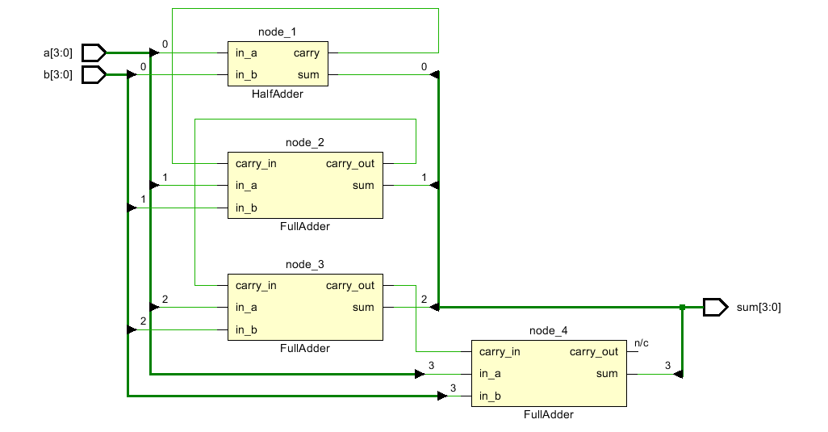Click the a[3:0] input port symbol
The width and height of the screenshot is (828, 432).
(94, 53)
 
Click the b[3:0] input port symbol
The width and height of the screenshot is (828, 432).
(94, 75)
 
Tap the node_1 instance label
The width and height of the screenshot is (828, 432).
(278, 31)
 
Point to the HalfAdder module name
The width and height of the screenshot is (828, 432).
(278, 94)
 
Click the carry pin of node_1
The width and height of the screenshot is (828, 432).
(306, 53)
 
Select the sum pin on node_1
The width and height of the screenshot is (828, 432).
(308, 75)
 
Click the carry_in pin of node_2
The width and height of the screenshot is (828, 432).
(256, 164)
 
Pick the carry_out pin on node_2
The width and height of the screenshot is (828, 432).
(350, 164)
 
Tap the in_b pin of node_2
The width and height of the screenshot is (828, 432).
(247, 208)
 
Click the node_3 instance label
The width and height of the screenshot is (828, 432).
(305, 265)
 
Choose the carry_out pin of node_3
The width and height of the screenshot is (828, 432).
(350, 285)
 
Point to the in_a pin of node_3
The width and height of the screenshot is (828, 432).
(247, 307)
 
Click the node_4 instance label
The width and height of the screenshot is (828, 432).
(549, 330)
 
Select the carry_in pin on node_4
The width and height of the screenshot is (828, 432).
(500, 351)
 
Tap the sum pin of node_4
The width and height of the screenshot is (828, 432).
(607, 373)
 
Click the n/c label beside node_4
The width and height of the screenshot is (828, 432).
(642, 343)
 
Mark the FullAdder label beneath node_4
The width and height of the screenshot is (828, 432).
(549, 415)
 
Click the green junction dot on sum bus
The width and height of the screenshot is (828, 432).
(682, 307)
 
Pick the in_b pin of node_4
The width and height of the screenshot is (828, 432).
(491, 396)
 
